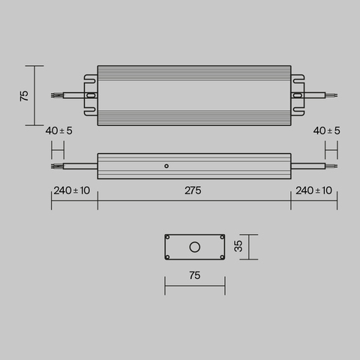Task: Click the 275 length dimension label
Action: pos(193,190)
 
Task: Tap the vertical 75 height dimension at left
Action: pos(24,96)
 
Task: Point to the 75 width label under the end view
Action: pos(194,276)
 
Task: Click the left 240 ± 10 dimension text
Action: pos(72,190)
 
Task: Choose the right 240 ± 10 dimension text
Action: pos(315,190)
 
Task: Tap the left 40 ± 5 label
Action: pos(58,130)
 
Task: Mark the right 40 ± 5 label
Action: pos(326,130)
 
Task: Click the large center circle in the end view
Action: pos(194,246)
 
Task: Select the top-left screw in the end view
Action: pos(169,238)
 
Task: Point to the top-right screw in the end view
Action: pos(220,238)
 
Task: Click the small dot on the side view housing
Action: pos(166,165)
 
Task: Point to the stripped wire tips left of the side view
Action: pos(55,165)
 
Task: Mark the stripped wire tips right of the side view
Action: pos(334,165)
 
